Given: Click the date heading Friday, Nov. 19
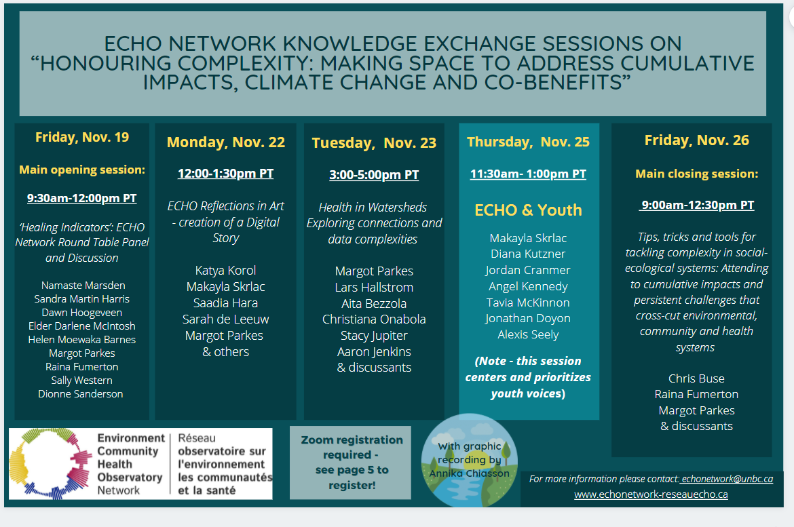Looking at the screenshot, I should point(82,137).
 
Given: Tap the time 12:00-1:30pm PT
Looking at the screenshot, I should point(225,174).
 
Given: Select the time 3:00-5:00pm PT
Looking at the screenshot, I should point(374,175).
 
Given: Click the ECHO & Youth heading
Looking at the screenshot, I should point(528,210).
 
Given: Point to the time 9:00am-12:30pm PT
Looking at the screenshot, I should point(696,205).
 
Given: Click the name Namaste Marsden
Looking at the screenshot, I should point(83,286).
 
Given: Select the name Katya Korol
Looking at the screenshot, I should point(225,270).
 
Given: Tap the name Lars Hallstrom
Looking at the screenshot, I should point(374,287).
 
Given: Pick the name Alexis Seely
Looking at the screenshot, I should point(528,334).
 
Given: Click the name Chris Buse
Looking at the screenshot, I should point(696,378).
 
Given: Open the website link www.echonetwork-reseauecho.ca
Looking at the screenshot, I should point(650,494).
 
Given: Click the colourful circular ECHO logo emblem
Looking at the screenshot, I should point(49,464).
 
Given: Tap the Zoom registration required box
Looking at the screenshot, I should point(349,463).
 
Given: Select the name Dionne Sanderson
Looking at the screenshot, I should point(81,393).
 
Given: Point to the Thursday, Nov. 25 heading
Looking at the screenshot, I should point(528,142).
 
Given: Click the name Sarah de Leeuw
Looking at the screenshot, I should point(225,319).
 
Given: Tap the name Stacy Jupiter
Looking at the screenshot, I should point(374,336).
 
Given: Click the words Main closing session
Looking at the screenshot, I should point(696,174).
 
